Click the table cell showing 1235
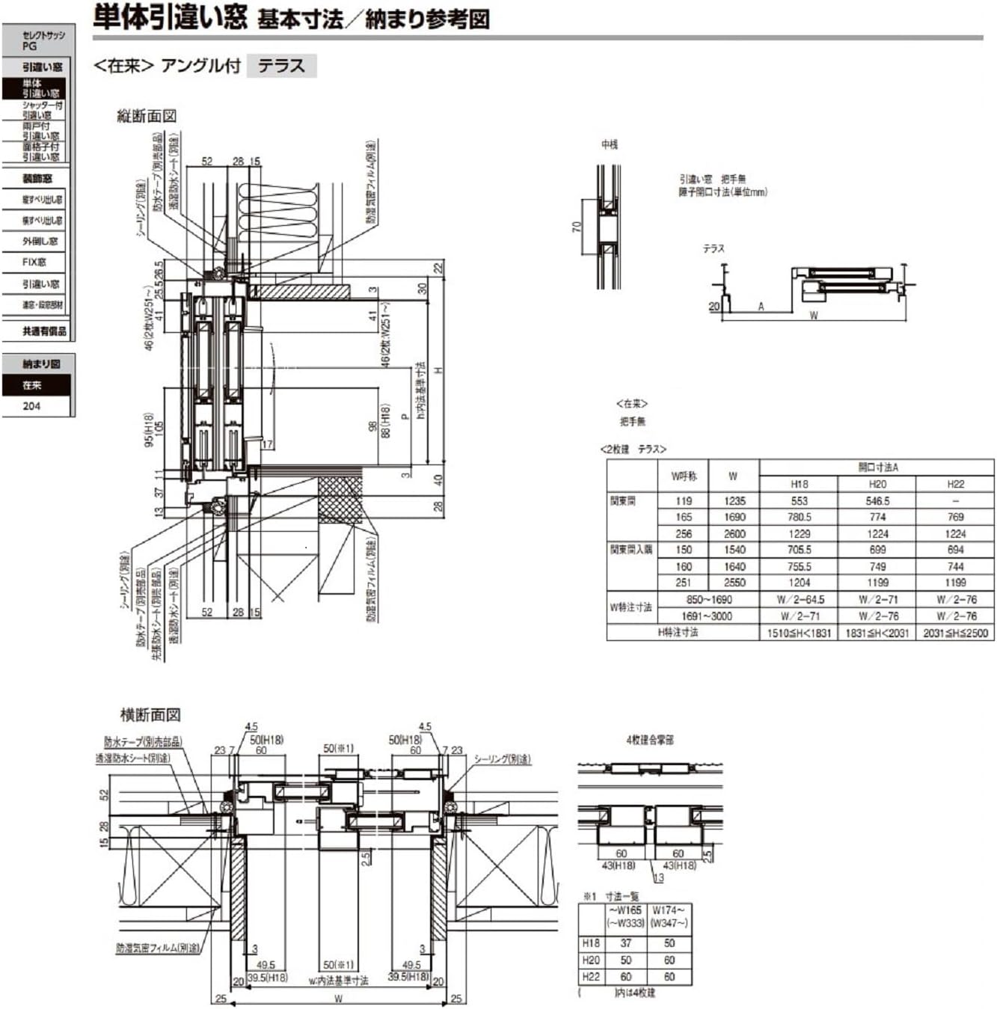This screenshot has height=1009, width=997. click(734, 501)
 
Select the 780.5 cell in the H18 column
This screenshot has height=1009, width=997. click(799, 517)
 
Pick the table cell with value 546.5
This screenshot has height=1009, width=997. click(877, 501)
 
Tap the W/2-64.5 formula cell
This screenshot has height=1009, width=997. click(800, 600)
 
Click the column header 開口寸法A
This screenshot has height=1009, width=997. click(877, 467)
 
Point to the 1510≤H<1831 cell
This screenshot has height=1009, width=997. click(799, 633)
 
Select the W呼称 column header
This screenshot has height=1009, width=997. click(684, 476)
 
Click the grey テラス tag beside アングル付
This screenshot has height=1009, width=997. click(281, 66)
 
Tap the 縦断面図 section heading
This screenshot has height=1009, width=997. click(147, 116)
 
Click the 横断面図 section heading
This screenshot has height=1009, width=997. click(150, 714)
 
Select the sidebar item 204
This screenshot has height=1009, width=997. click(32, 406)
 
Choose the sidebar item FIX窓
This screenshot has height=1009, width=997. click(34, 263)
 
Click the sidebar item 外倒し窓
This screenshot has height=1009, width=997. click(40, 242)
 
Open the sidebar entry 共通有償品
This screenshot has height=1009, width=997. click(43, 331)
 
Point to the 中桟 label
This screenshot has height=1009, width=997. click(610, 144)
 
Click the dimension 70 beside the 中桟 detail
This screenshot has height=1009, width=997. click(577, 226)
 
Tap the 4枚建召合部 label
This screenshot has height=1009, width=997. click(649, 740)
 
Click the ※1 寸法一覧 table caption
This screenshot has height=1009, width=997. click(612, 896)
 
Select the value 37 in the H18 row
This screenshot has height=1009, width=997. click(626, 943)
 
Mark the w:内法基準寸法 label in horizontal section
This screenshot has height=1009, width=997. click(338, 981)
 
